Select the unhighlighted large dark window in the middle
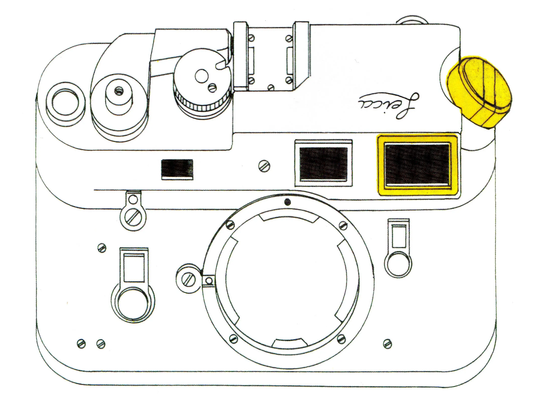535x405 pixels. coord(323,163)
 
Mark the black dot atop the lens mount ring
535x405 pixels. coord(288,202)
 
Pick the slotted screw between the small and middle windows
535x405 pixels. coord(264,166)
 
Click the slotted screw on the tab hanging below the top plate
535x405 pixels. coord(133,217)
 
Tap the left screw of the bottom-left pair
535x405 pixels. coord(81,343)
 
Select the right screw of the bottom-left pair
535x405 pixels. coord(101,344)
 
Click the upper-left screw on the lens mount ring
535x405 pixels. coord(229,225)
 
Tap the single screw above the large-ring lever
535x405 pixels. coord(102,248)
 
